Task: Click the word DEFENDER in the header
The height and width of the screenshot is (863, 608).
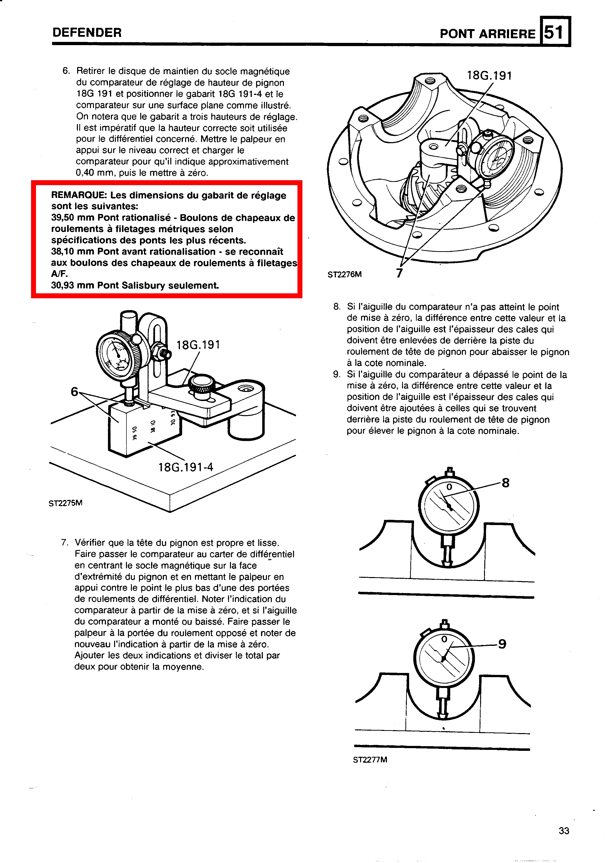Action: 87,33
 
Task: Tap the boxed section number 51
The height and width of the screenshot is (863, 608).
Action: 554,32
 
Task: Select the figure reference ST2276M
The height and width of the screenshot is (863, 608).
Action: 345,274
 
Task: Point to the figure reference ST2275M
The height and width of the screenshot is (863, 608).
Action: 65,503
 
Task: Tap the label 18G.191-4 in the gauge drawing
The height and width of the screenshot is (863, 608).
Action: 186,467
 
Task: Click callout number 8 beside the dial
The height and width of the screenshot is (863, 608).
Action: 505,483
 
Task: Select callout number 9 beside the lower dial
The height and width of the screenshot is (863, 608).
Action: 502,644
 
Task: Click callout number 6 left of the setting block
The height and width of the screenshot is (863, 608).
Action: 74,392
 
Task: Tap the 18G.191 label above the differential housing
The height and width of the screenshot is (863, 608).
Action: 489,76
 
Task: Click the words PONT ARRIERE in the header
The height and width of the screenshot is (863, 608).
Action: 487,34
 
